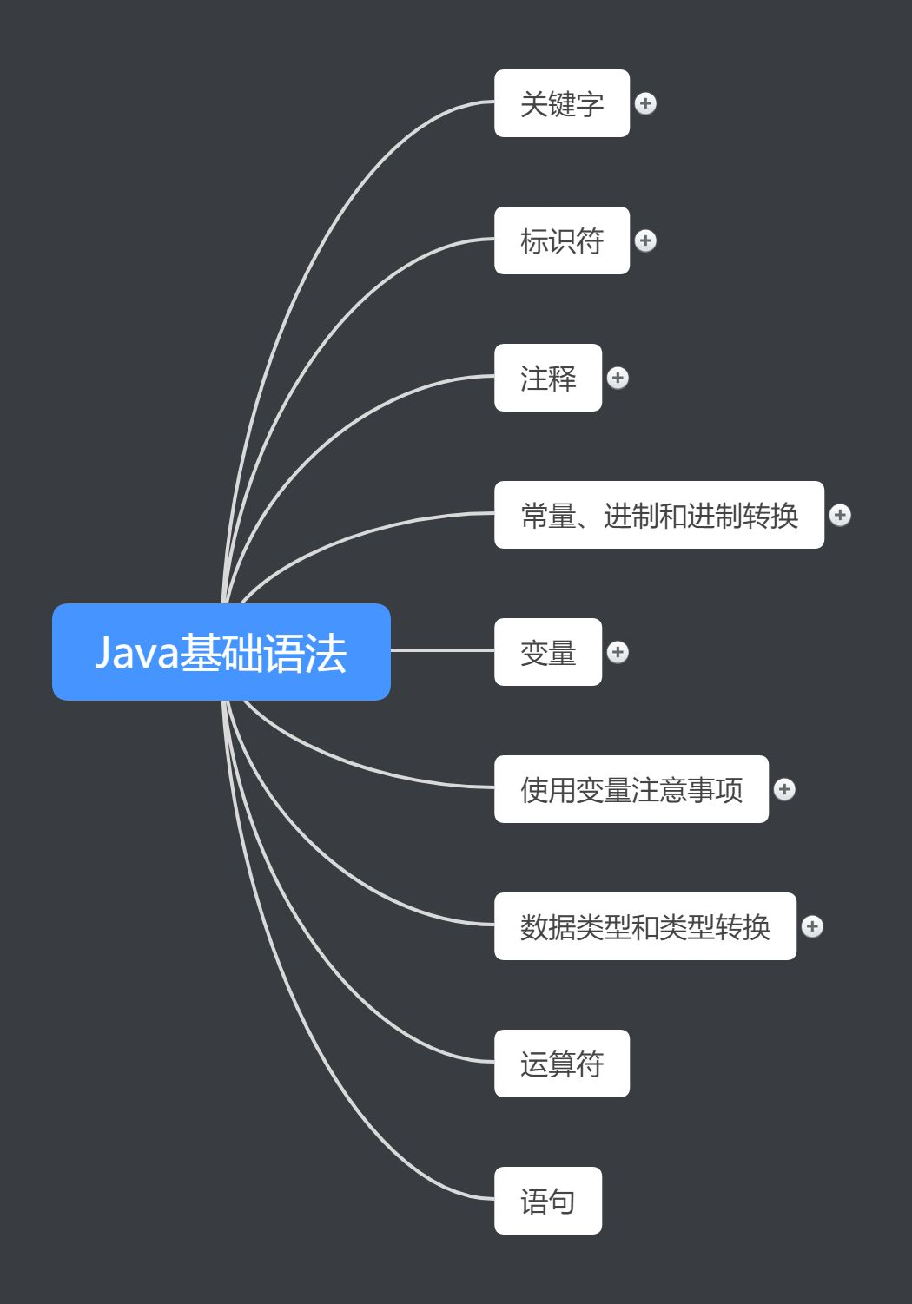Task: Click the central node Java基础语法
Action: tap(221, 652)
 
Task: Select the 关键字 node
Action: tap(562, 103)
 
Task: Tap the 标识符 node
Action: tap(562, 240)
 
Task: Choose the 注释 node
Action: tap(548, 378)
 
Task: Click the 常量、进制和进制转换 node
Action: tap(659, 515)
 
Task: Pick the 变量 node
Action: tap(548, 652)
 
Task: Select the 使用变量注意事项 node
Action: tap(631, 789)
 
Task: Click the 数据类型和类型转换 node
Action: tap(645, 926)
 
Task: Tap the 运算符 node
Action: tap(562, 1064)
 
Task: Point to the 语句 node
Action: tap(548, 1201)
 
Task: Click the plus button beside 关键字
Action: tap(645, 103)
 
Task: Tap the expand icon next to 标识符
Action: tap(645, 240)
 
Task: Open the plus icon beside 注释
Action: tap(618, 378)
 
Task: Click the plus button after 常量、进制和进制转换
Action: tap(840, 515)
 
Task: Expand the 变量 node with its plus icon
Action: tap(618, 652)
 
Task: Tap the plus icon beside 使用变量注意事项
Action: tap(784, 789)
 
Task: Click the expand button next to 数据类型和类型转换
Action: tap(812, 926)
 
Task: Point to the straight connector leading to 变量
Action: tap(443, 650)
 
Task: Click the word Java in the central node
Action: tap(135, 653)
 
